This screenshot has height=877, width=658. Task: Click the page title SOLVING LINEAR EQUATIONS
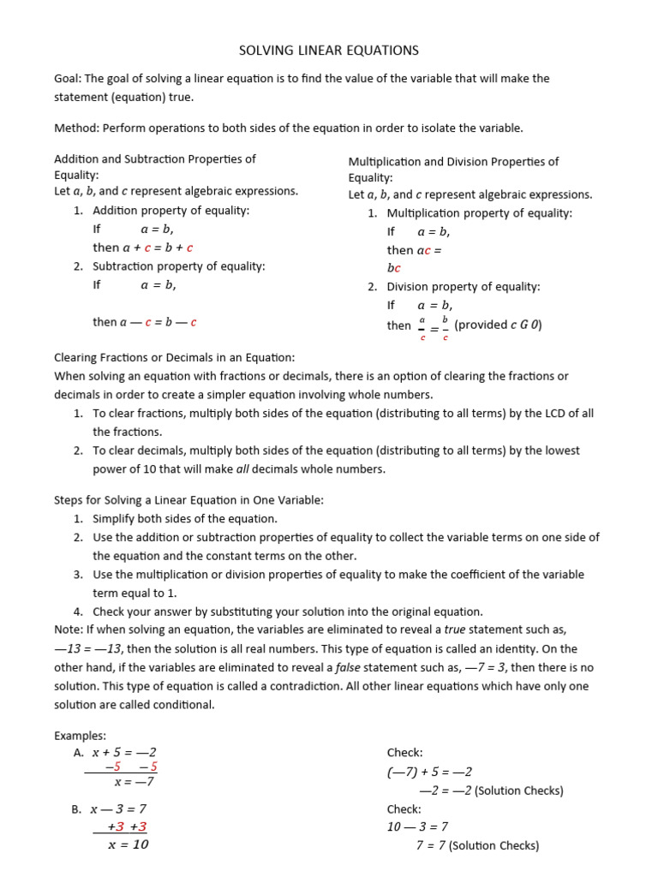[x=328, y=51]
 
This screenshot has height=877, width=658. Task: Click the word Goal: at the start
[x=68, y=78]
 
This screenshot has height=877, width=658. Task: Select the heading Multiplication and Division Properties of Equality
[x=453, y=169]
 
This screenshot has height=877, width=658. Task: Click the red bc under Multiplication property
[x=394, y=268]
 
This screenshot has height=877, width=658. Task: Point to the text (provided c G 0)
[x=498, y=325]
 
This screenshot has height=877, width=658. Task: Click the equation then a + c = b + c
[x=143, y=248]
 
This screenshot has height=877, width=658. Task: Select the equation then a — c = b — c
[x=145, y=322]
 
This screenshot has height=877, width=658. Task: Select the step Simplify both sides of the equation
[x=185, y=519]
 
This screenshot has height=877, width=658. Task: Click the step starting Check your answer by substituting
[x=288, y=612]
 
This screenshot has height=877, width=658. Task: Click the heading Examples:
[x=80, y=736]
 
